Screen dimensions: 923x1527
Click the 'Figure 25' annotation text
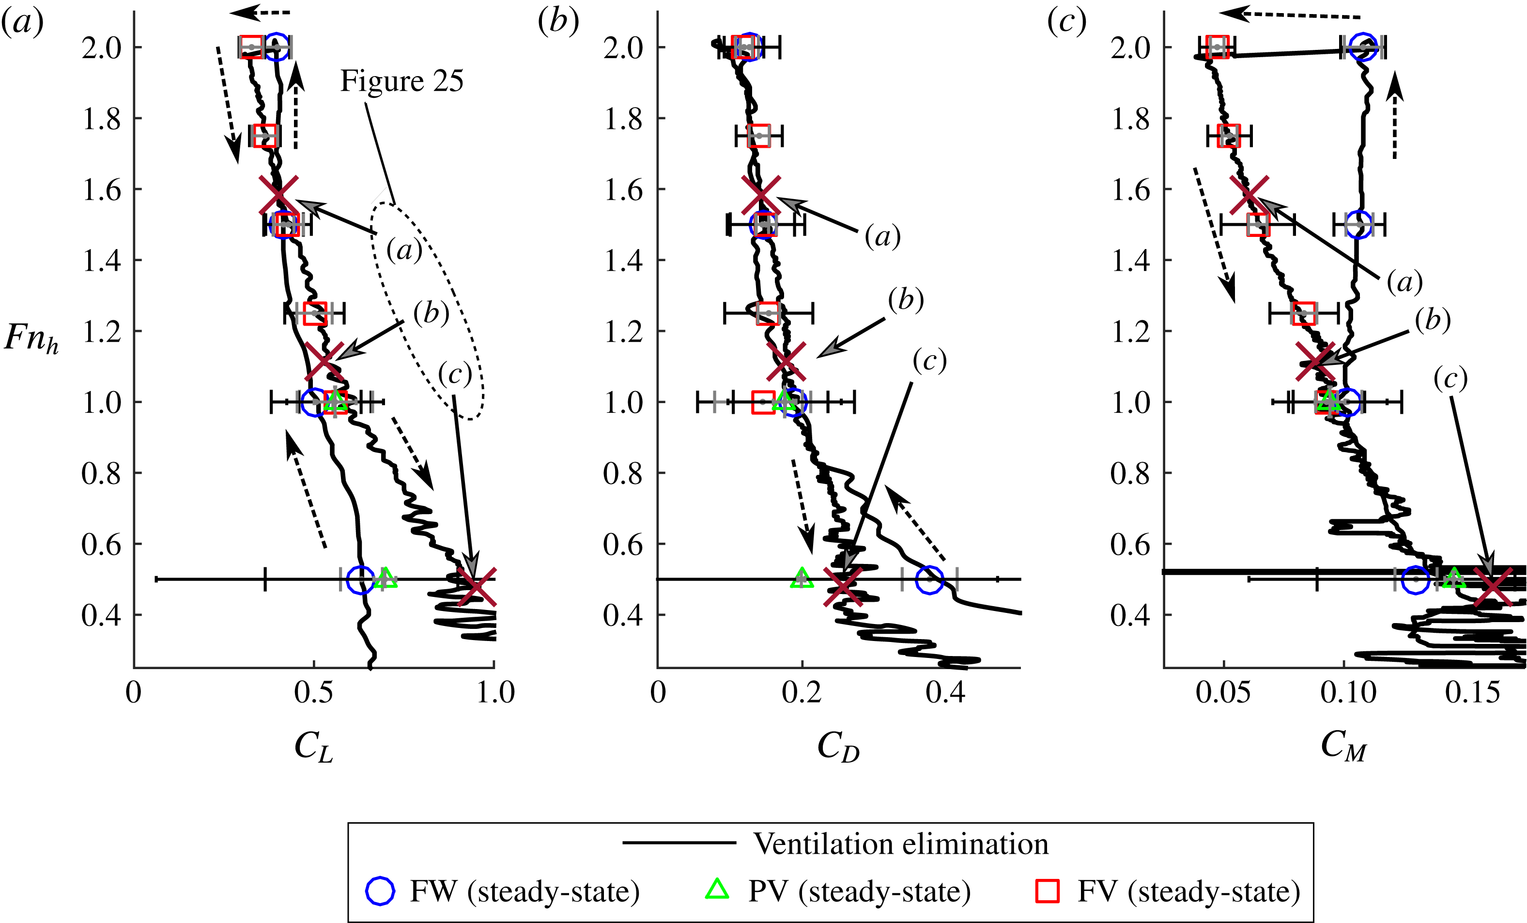[x=401, y=82]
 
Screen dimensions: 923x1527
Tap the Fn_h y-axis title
[x=31, y=339]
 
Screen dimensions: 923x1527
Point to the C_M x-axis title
[x=1343, y=746]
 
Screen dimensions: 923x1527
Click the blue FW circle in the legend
[x=380, y=892]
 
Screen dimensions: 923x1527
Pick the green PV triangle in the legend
[x=717, y=890]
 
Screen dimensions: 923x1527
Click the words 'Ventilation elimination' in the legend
[x=900, y=845]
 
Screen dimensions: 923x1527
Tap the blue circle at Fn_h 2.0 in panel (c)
[x=1363, y=47]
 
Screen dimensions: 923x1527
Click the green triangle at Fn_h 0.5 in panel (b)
[x=802, y=578]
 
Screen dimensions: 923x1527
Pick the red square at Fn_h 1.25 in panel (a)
[x=315, y=313]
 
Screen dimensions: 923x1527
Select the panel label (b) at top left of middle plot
[x=558, y=22]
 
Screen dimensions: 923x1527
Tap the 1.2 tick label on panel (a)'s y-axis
[x=101, y=331]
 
